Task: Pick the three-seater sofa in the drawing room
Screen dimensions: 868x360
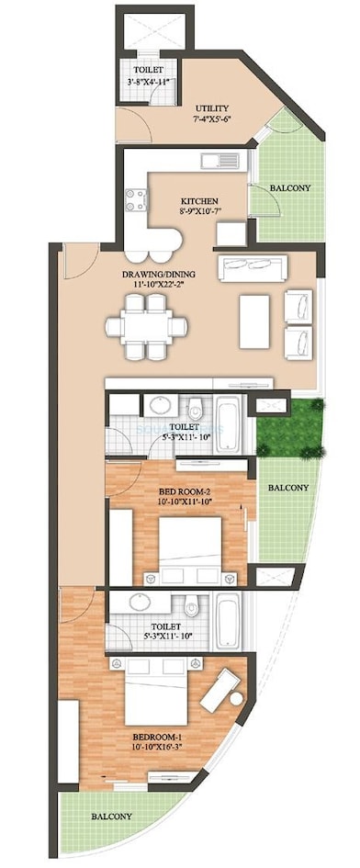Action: click(253, 267)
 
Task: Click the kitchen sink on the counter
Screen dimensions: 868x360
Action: click(219, 163)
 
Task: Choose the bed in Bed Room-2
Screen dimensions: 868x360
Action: click(190, 548)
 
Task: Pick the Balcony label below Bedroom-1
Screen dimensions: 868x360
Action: click(111, 816)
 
